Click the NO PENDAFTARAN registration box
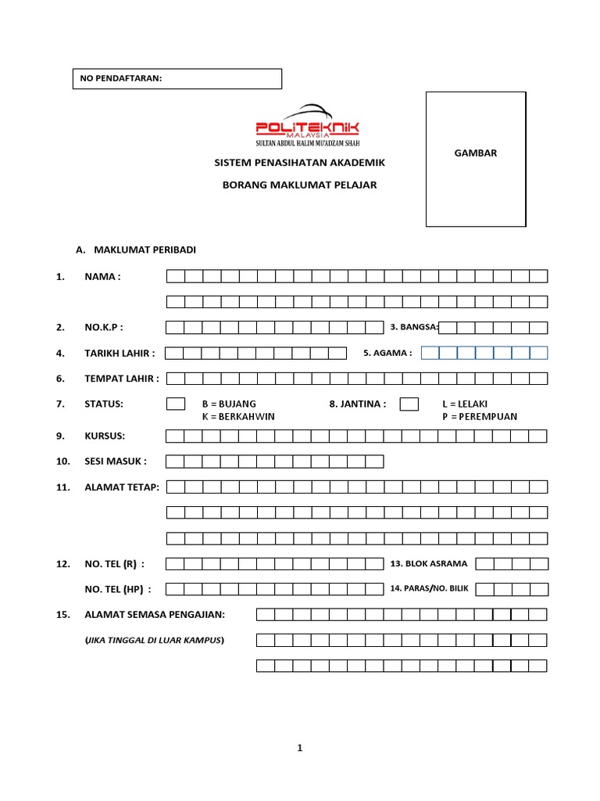click(x=177, y=78)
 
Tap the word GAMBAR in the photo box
click(x=476, y=153)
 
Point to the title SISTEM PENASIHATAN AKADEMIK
click(x=300, y=163)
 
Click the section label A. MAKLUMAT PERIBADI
click(x=136, y=250)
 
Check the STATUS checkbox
click(x=176, y=404)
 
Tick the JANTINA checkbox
click(x=409, y=404)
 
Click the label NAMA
click(x=103, y=276)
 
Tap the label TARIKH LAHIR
click(x=120, y=353)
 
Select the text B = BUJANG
click(x=229, y=404)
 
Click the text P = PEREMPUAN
click(x=480, y=416)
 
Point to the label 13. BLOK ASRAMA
click(x=428, y=564)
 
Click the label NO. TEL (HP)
click(x=118, y=589)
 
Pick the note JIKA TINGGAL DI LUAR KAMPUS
click(x=154, y=641)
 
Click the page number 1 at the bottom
click(x=299, y=749)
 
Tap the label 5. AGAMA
click(x=387, y=353)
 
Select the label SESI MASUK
click(x=115, y=462)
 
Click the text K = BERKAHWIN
click(x=238, y=416)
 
